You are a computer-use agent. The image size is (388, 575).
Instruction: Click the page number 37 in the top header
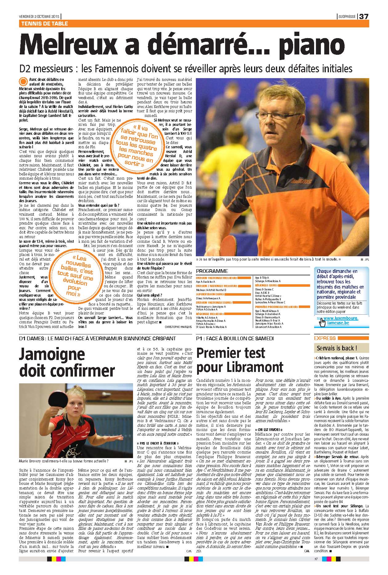[x=364, y=17]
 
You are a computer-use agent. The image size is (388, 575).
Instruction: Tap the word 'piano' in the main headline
[x=315, y=45]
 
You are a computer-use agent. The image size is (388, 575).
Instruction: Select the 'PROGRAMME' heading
[x=212, y=271]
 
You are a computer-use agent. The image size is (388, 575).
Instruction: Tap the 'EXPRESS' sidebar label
[x=325, y=338]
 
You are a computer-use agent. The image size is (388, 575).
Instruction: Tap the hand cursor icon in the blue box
[x=322, y=322]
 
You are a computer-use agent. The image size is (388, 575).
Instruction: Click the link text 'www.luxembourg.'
[x=341, y=318]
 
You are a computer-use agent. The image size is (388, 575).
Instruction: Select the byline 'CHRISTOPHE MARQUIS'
[x=178, y=326]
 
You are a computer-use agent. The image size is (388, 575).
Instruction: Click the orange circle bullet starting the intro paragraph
[x=23, y=82]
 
